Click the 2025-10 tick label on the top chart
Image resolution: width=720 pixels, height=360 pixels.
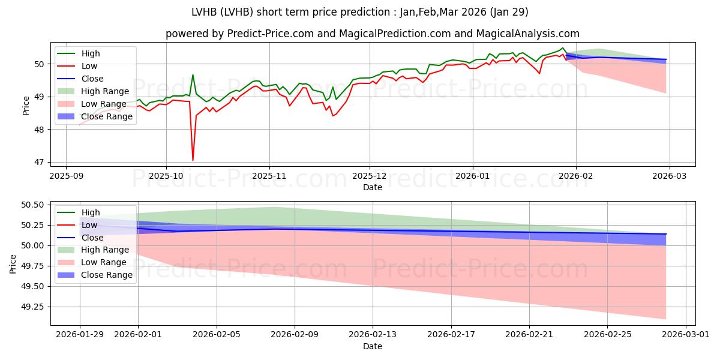pos(166,176)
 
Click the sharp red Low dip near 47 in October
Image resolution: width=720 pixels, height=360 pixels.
pos(193,160)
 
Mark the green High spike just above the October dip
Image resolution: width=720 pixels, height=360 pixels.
pos(193,75)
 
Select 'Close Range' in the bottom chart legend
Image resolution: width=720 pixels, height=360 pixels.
pos(106,275)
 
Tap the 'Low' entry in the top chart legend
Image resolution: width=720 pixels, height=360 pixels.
pos(90,66)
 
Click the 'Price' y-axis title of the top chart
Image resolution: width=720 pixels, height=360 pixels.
pos(26,104)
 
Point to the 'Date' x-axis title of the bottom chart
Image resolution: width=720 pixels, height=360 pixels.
pos(373,347)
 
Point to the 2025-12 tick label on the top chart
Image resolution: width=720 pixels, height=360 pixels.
pos(370,176)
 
